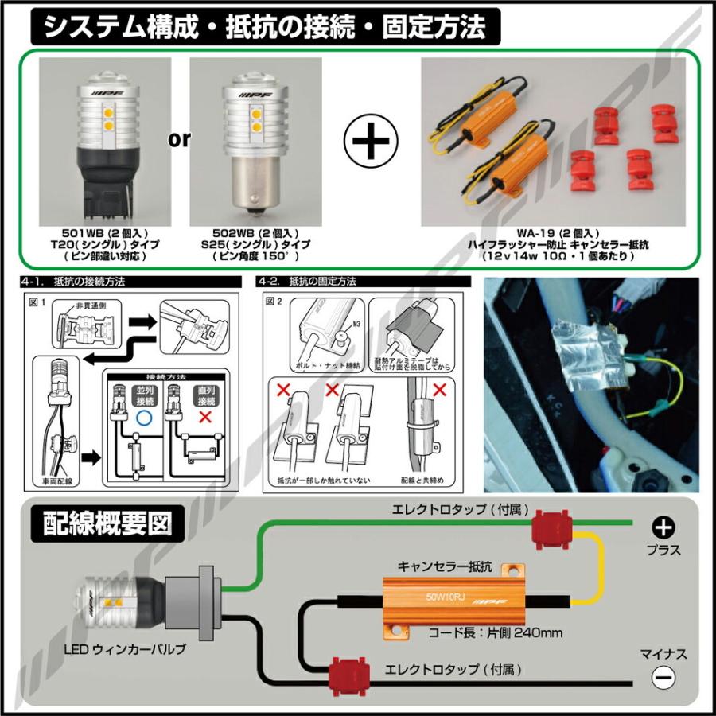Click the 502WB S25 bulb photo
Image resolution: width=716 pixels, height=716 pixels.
(250, 139)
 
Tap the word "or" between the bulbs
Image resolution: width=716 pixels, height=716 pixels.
(179, 139)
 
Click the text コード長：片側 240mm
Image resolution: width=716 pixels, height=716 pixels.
(495, 632)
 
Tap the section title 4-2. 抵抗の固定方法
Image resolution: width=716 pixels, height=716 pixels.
(307, 282)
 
